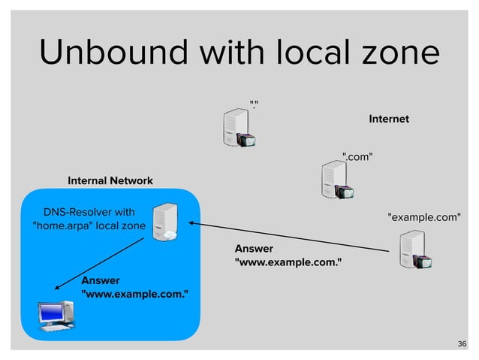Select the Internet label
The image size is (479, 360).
click(x=388, y=119)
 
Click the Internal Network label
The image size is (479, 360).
click(x=110, y=181)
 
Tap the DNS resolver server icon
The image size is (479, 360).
click(x=164, y=222)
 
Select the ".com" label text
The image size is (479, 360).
click(x=357, y=156)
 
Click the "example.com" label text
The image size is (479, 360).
click(x=423, y=217)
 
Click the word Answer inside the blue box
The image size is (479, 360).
click(x=101, y=280)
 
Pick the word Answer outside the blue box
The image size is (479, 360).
click(x=254, y=248)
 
